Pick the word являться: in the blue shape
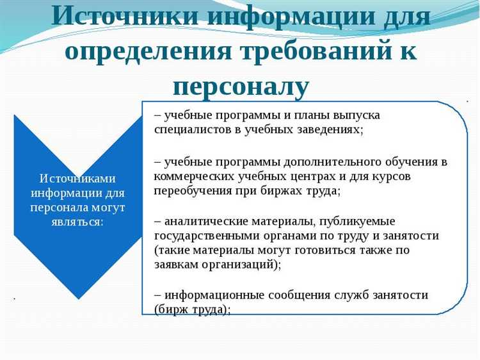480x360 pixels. (x=77, y=222)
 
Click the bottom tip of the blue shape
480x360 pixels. (x=78, y=299)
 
